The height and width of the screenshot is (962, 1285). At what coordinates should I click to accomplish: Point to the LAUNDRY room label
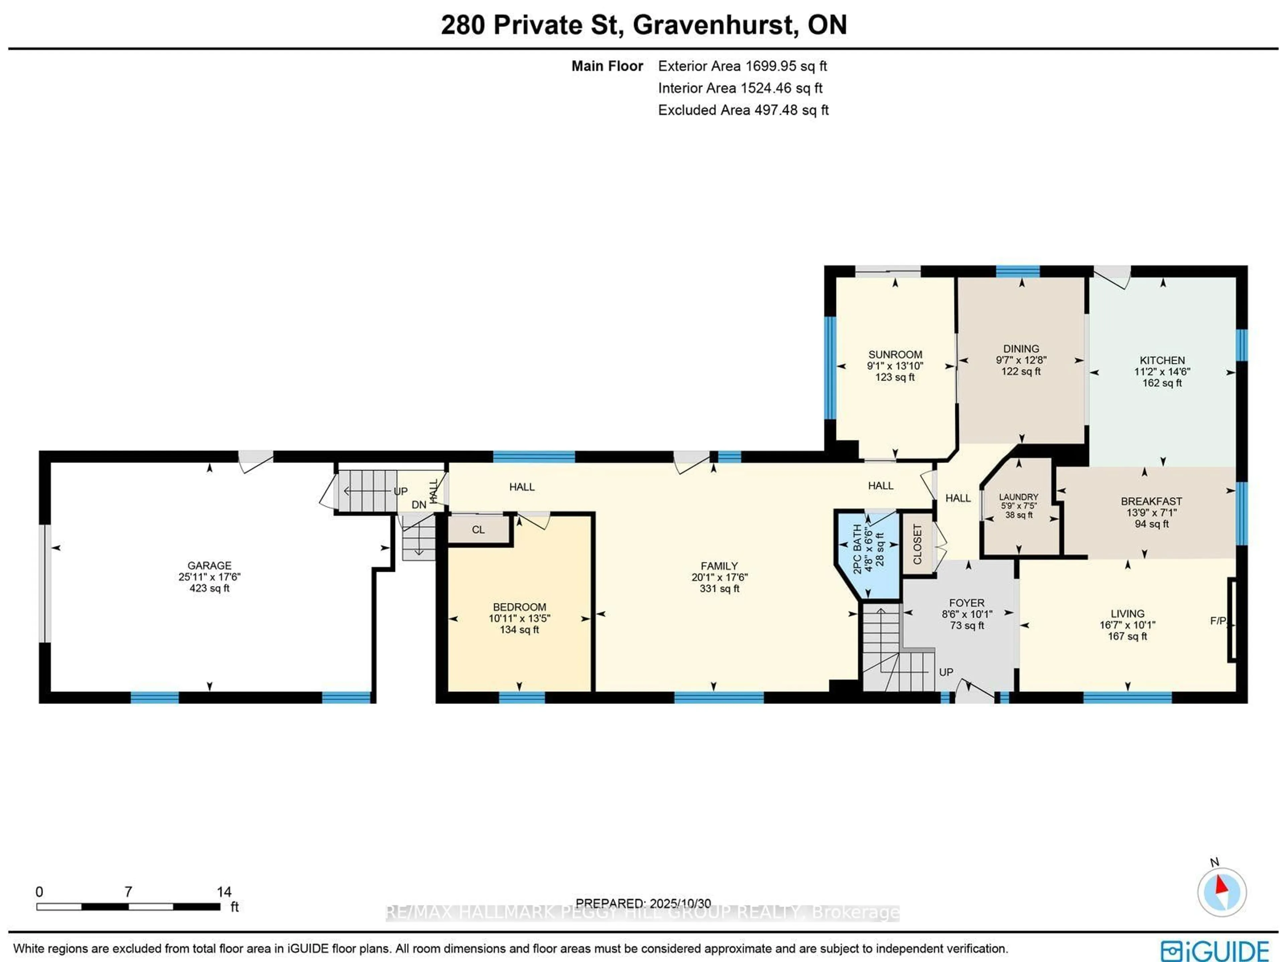click(x=1018, y=497)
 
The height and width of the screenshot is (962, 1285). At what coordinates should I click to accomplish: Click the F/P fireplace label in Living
click(x=1218, y=621)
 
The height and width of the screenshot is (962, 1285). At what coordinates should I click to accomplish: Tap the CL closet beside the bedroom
click(x=478, y=530)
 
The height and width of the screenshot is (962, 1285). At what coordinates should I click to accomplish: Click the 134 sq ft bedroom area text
click(x=519, y=630)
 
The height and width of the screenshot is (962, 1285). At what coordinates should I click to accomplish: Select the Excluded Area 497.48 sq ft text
click(x=743, y=110)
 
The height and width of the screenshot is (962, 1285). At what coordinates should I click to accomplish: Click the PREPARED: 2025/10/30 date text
click(x=643, y=903)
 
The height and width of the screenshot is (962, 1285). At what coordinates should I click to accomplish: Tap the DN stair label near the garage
click(x=419, y=505)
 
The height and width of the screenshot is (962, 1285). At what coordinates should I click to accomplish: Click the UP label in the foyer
click(x=946, y=672)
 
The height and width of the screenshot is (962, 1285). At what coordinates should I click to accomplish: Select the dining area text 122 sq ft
click(x=1021, y=371)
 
